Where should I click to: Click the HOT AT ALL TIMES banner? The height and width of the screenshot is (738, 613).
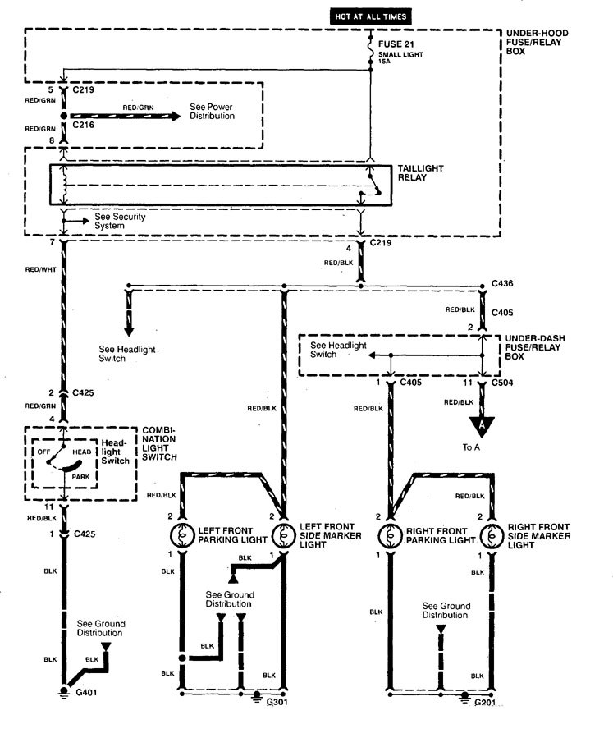point(369,16)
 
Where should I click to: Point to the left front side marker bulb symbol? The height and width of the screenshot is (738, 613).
point(284,534)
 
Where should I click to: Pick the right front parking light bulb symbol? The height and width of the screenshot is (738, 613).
point(387,534)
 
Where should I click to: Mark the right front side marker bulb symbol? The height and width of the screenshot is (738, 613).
point(492,534)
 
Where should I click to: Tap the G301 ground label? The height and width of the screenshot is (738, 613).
point(276,701)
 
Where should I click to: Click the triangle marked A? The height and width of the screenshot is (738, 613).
point(481,426)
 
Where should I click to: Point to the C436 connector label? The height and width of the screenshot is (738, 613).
point(502,283)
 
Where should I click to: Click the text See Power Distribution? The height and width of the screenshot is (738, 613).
point(212,112)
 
